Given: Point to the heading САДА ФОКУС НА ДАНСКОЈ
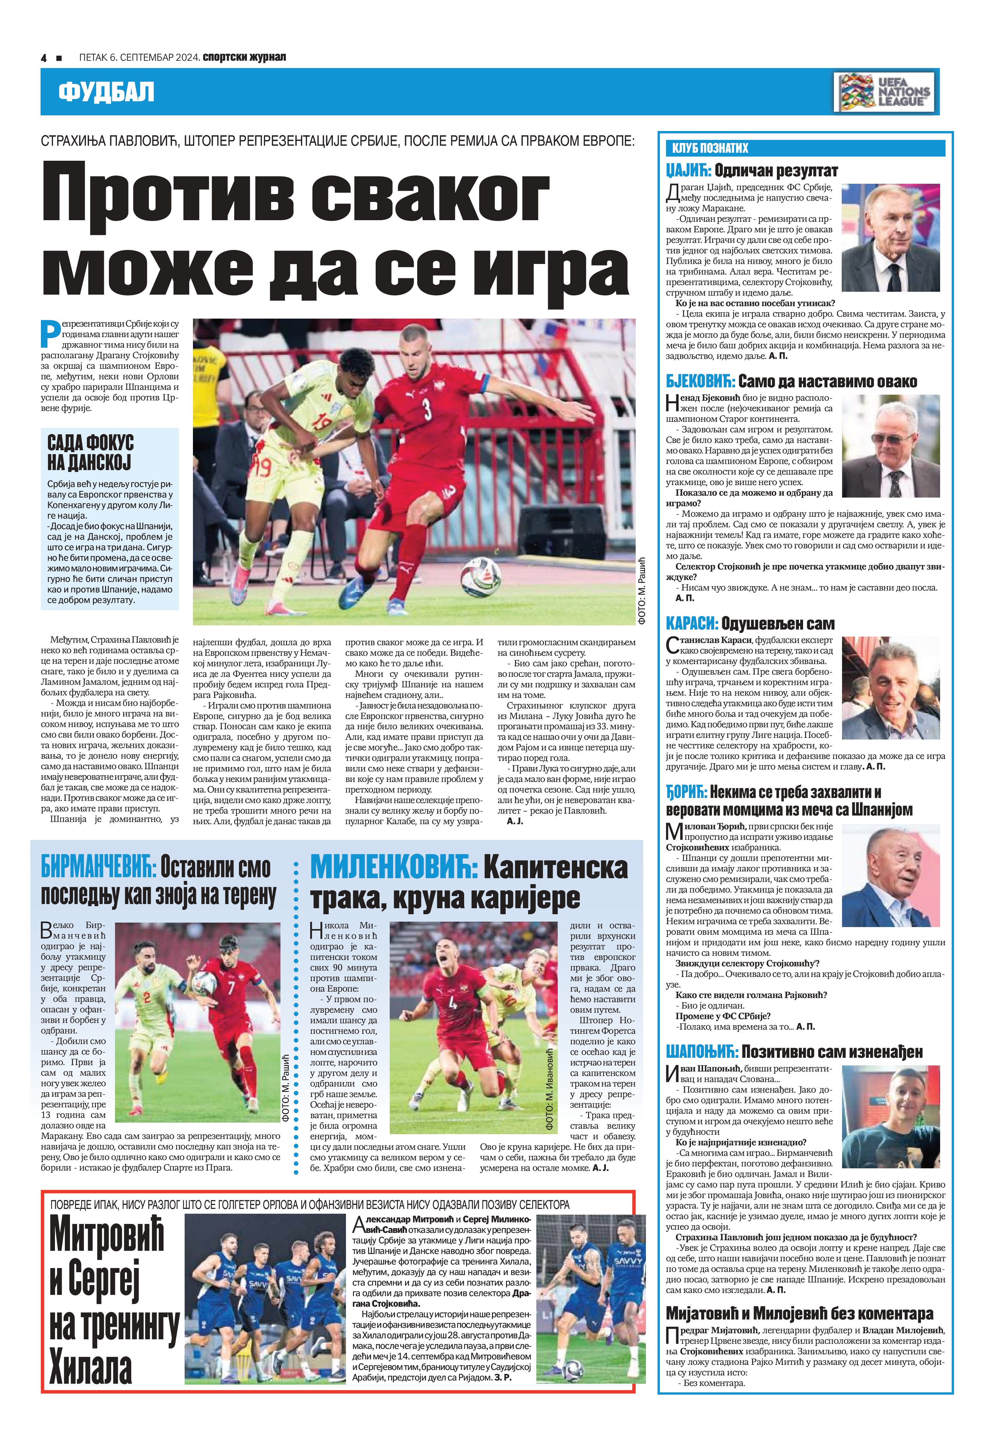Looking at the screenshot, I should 90,453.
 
